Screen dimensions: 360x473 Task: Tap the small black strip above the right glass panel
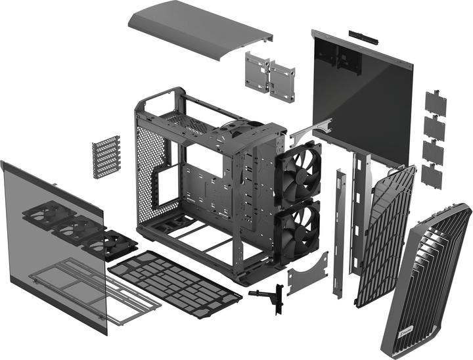361,34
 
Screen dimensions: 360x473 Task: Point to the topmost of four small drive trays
435,103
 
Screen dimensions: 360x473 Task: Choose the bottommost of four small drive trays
431,175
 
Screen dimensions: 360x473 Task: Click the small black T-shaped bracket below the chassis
268,296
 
